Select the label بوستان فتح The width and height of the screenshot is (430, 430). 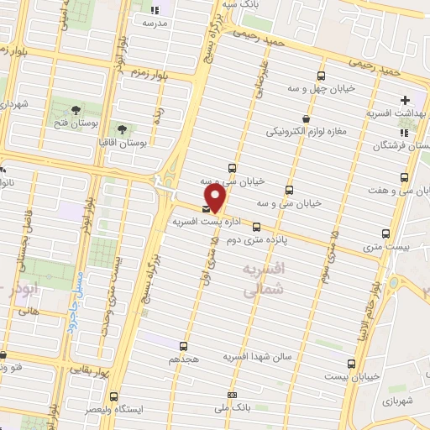tap(74, 123)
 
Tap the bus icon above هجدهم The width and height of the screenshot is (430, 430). tap(185, 345)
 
